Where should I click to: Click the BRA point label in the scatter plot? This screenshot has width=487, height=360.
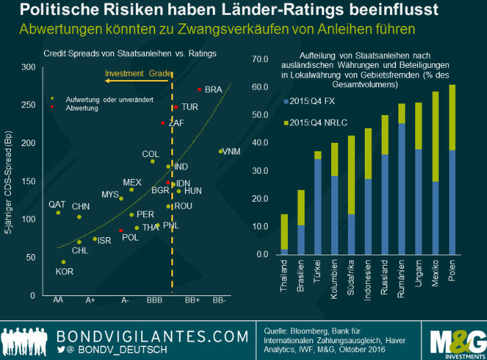tap(213, 90)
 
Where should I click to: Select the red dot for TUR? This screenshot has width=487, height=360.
tap(175, 107)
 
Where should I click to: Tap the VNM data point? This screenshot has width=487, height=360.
tap(221, 151)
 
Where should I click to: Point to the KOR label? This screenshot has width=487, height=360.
tap(65, 271)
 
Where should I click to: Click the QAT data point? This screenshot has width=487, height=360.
tap(58, 213)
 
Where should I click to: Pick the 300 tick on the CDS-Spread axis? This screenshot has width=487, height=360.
tap(28, 67)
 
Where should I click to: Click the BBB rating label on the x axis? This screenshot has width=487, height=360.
tap(155, 301)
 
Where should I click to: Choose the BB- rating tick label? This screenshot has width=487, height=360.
tap(220, 301)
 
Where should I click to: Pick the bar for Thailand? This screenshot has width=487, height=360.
tap(285, 234)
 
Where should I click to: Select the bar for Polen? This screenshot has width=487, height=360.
tap(452, 169)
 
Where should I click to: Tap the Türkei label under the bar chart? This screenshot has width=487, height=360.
tap(318, 276)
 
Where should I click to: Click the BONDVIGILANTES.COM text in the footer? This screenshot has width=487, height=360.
tap(152, 336)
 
